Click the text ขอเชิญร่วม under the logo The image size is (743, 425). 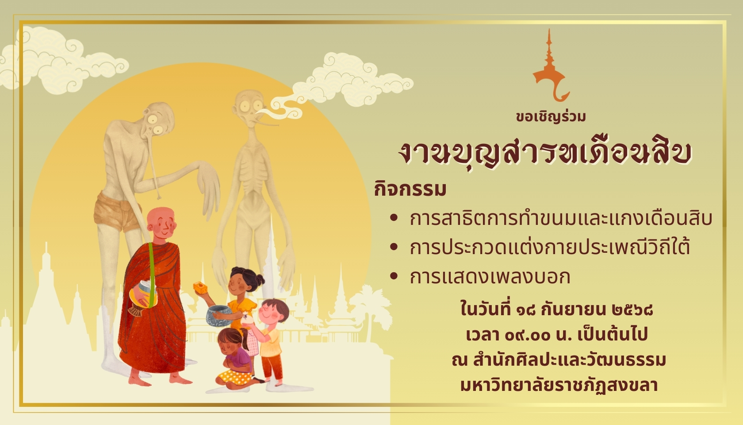(551, 116)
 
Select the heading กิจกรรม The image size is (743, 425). (410, 189)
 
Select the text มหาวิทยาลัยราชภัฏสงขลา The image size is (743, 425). (559, 386)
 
